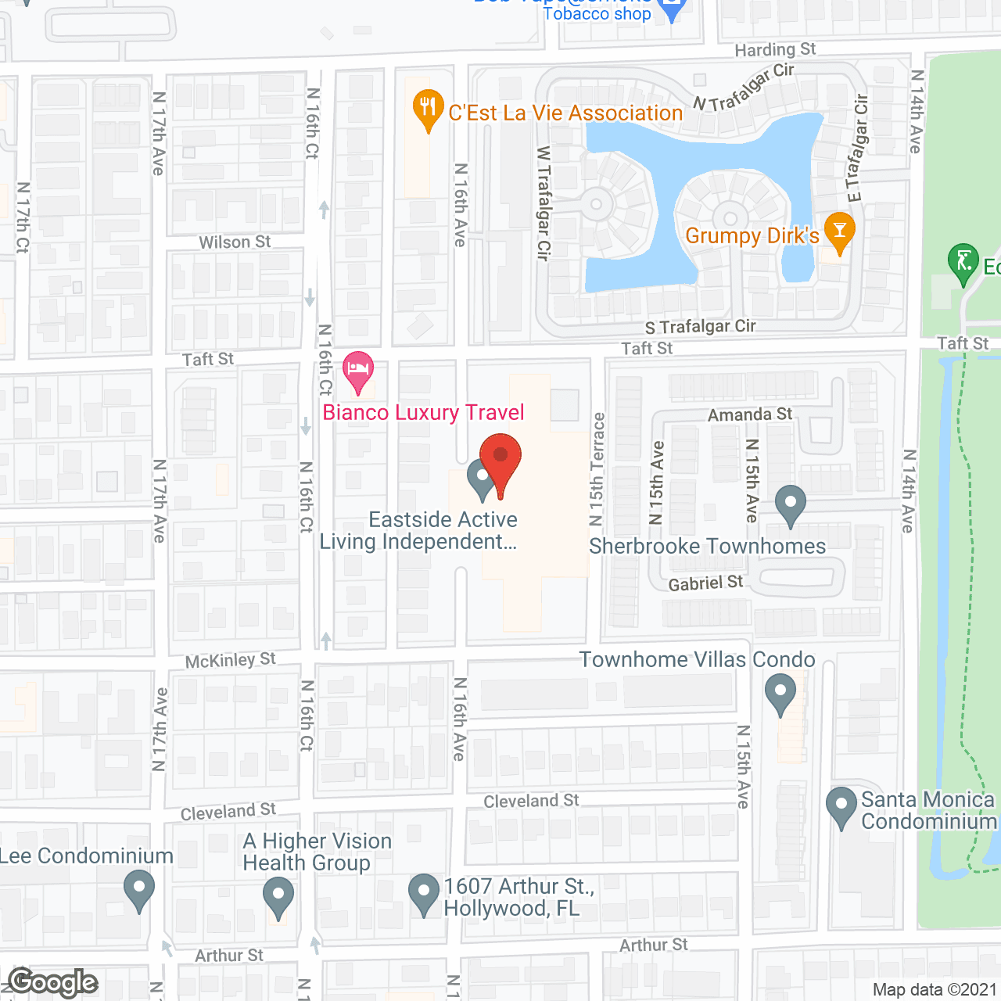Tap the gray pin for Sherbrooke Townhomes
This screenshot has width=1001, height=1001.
click(791, 505)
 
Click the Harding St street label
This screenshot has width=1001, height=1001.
click(775, 50)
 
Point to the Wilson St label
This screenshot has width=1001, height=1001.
click(235, 242)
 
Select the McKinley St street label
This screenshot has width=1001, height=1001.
click(231, 661)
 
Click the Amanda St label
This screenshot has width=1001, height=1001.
click(750, 414)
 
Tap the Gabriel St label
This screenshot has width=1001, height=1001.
click(705, 583)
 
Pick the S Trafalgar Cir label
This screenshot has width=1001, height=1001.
click(700, 327)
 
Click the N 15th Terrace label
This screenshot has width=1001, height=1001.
click(597, 469)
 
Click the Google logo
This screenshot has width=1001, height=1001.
click(52, 982)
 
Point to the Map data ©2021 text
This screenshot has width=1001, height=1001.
click(935, 989)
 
